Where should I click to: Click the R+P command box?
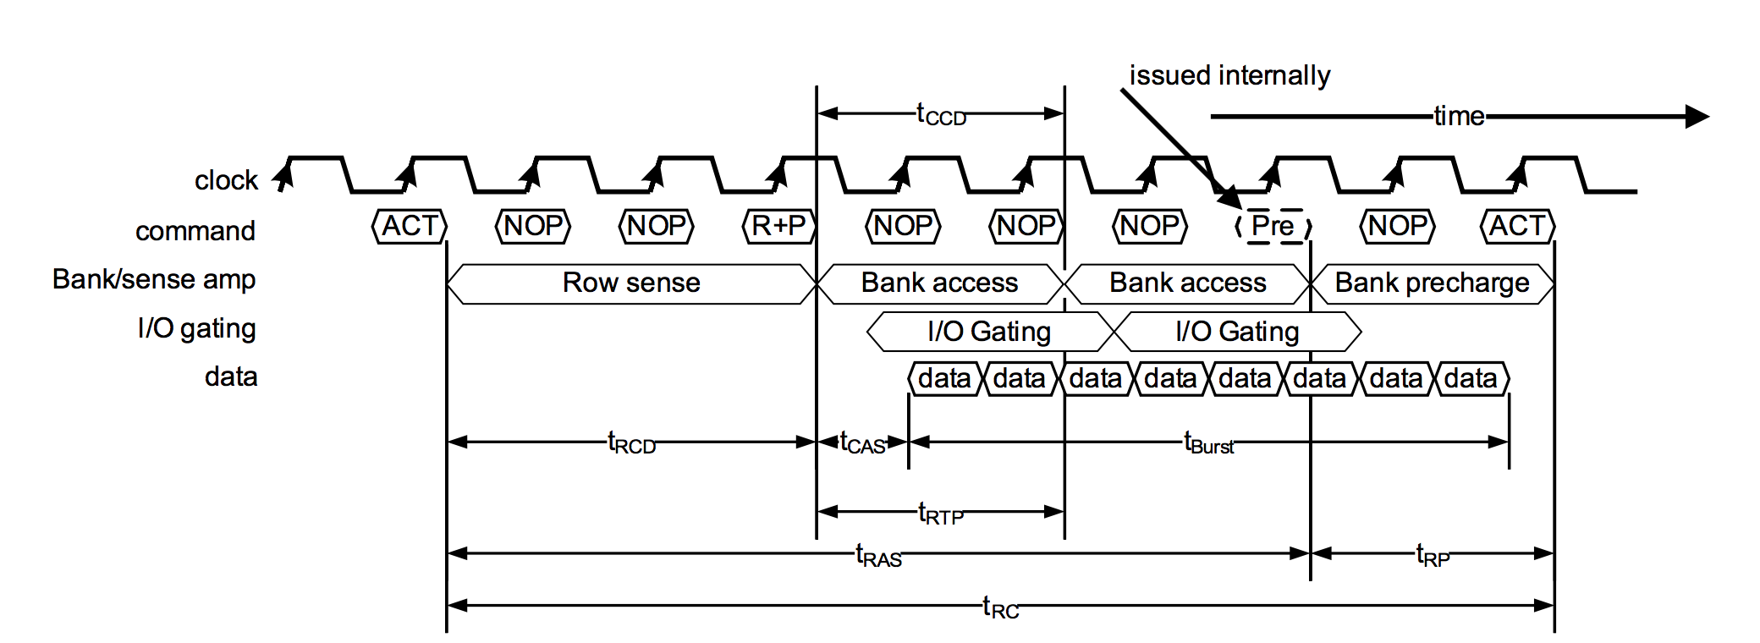778,226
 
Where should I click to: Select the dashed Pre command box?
1273,226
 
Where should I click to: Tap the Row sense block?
631,283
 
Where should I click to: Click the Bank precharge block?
1432,283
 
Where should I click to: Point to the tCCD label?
941,114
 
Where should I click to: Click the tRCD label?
631,442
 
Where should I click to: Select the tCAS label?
861,442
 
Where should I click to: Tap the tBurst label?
1208,442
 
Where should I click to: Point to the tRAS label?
878,556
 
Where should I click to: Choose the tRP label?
1433,556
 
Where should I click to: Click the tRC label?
1000,607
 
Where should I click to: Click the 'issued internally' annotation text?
1229,75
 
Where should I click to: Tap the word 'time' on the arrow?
1459,116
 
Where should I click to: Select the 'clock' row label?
226,180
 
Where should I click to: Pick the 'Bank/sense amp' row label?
154,279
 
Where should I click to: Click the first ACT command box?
410,226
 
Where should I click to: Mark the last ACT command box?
1517,226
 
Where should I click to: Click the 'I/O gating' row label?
196,328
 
